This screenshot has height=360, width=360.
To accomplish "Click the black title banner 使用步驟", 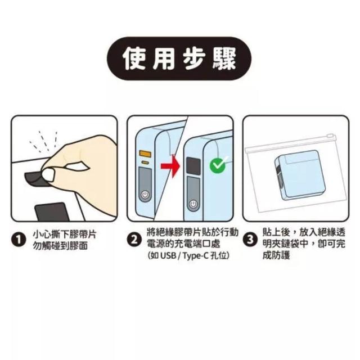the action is coord(179,58).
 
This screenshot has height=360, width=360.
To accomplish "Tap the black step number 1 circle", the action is coord(18,240).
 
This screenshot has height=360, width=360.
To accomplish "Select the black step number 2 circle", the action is coord(134,240).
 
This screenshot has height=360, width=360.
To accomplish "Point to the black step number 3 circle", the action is coord(250,240).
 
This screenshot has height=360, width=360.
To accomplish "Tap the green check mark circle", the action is coord(217,165).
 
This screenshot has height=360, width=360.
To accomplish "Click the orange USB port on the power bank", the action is coord(145,153).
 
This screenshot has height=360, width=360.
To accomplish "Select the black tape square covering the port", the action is coord(193,166).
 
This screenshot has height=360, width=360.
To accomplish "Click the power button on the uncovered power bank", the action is coord(145,195).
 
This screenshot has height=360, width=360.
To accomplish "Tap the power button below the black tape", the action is coord(193,204).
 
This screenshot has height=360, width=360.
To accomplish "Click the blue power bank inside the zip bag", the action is coord(296,175).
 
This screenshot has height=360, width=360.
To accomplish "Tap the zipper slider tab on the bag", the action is coord(331,136).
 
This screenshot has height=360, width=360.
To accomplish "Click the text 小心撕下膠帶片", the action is coord(65,235).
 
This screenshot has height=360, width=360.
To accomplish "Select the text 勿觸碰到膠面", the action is coord(60,246).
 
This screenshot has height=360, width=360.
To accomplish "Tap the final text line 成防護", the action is coord(276,255).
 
